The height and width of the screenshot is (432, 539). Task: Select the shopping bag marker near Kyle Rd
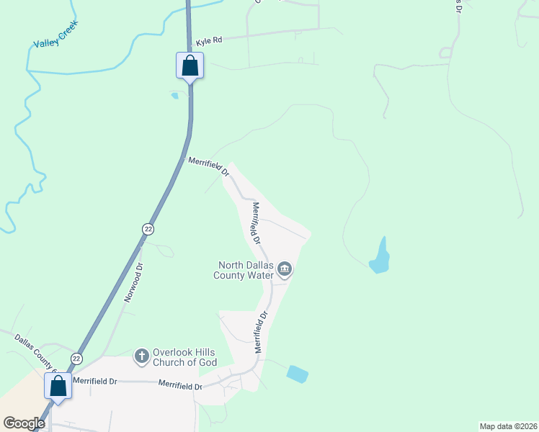(x=190, y=66)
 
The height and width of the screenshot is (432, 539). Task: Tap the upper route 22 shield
(x=148, y=229)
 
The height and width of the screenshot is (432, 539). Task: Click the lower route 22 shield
(x=76, y=359)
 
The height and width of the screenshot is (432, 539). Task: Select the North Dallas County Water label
(x=242, y=270)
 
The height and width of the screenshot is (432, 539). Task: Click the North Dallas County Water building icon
(x=285, y=270)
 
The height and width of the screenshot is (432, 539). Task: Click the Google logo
(x=24, y=423)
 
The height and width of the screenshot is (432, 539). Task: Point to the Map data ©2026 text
(x=508, y=426)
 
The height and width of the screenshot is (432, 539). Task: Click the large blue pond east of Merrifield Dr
(x=379, y=257)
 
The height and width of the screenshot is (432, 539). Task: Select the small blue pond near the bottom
(x=297, y=374)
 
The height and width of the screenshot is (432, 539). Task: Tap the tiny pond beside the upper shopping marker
(x=174, y=95)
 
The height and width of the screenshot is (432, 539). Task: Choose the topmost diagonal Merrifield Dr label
(x=208, y=168)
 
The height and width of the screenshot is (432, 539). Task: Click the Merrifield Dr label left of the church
(x=94, y=381)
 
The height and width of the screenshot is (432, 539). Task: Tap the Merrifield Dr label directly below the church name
(x=181, y=386)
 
